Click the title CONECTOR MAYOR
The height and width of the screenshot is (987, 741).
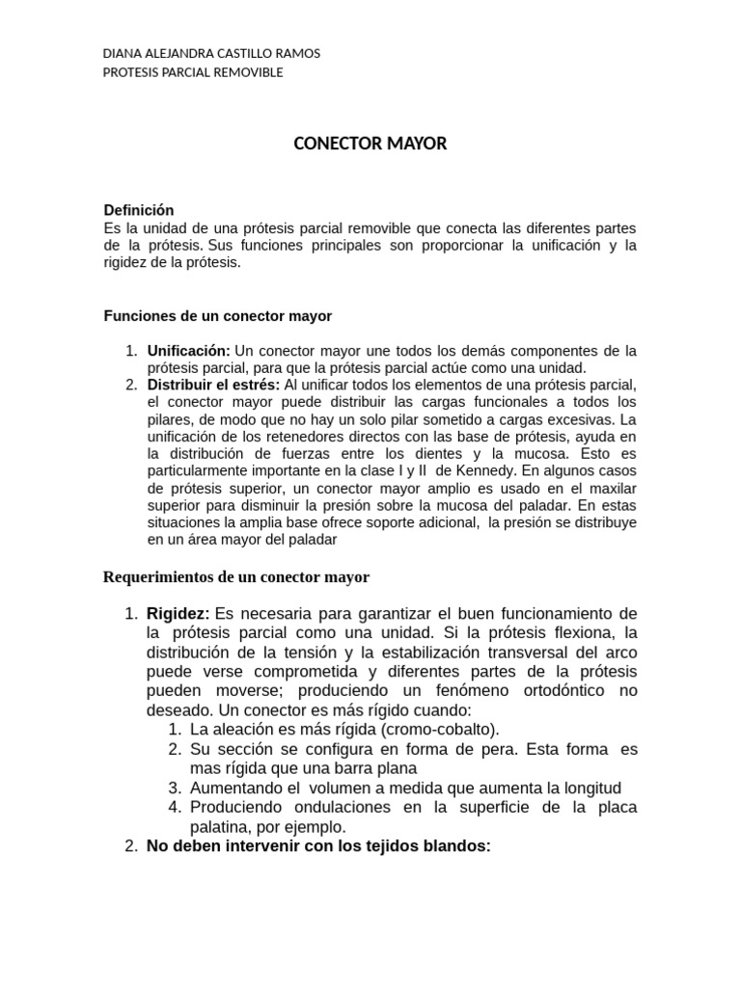click(x=370, y=144)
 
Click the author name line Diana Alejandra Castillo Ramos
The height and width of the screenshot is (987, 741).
click(x=211, y=54)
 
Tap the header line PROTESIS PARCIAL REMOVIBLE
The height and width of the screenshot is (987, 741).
click(x=193, y=72)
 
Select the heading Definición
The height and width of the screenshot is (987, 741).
click(x=138, y=210)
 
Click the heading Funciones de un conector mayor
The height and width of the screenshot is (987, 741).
click(x=217, y=316)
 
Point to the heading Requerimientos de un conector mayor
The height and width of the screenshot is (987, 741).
click(x=235, y=577)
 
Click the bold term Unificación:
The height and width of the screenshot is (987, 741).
click(x=188, y=351)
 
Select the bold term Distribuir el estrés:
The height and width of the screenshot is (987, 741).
click(x=213, y=385)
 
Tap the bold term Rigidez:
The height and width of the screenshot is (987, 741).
click(x=178, y=614)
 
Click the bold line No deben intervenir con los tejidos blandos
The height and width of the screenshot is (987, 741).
click(x=318, y=846)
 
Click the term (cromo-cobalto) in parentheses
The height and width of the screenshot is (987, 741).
click(x=439, y=729)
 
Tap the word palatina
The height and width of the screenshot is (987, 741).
click(x=221, y=826)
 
